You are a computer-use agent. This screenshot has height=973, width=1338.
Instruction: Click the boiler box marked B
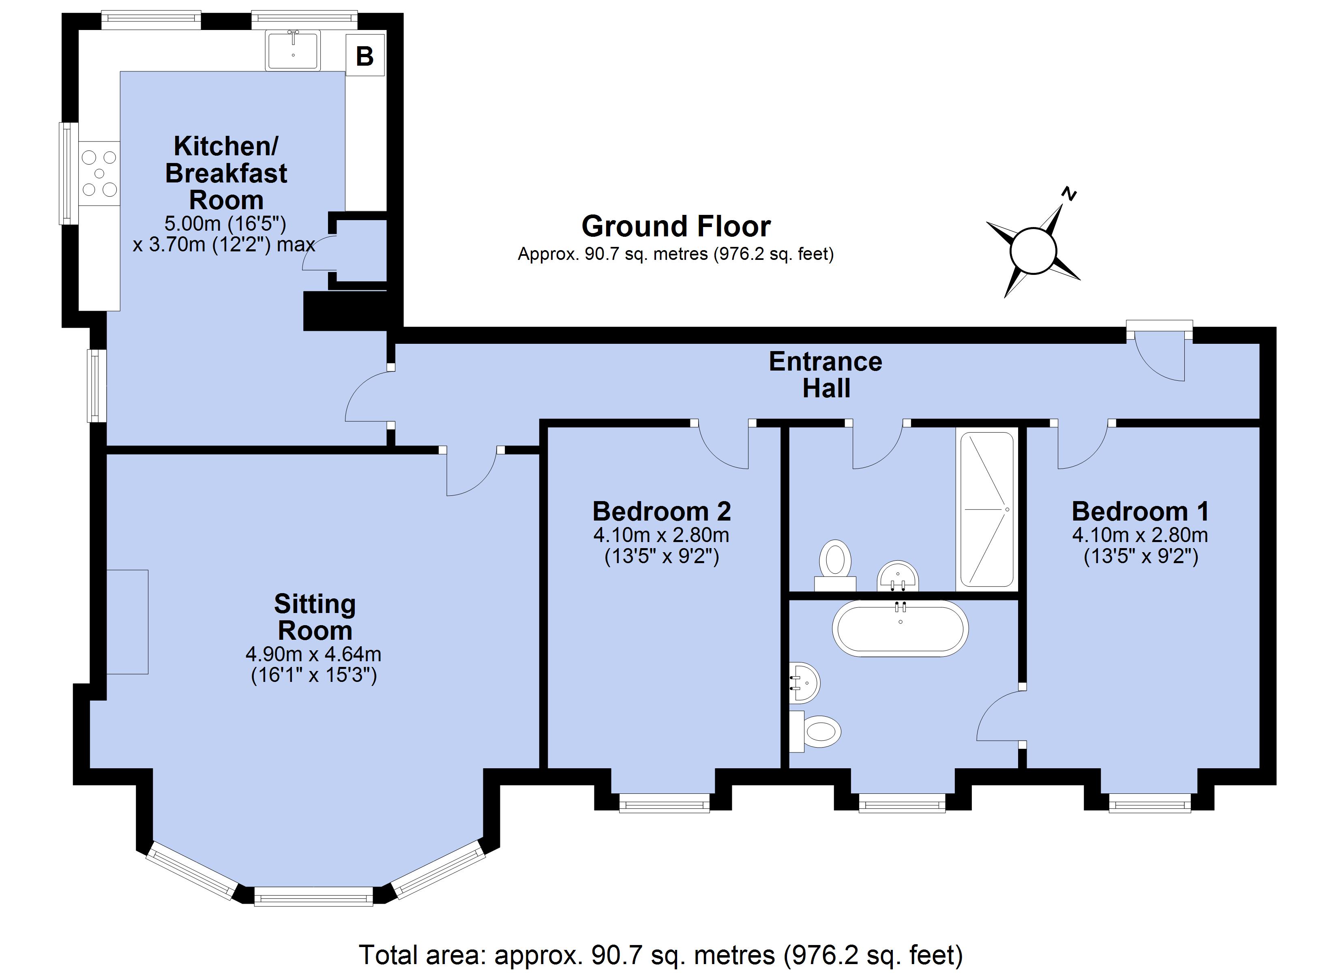(x=365, y=56)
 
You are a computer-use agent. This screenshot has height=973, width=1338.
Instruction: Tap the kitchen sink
(x=293, y=51)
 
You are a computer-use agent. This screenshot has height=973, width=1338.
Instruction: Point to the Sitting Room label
(x=315, y=617)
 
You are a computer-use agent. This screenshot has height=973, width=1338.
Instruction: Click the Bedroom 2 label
(x=662, y=511)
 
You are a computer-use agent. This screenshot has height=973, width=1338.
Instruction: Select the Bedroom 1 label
(x=1141, y=511)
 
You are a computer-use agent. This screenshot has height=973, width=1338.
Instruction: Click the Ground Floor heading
(x=676, y=226)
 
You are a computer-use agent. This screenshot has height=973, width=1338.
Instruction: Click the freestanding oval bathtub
(x=900, y=629)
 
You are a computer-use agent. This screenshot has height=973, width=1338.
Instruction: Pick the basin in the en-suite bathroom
(x=804, y=683)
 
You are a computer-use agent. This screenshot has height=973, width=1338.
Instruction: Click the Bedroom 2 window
(x=664, y=803)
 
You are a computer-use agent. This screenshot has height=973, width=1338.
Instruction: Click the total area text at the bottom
(x=661, y=954)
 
